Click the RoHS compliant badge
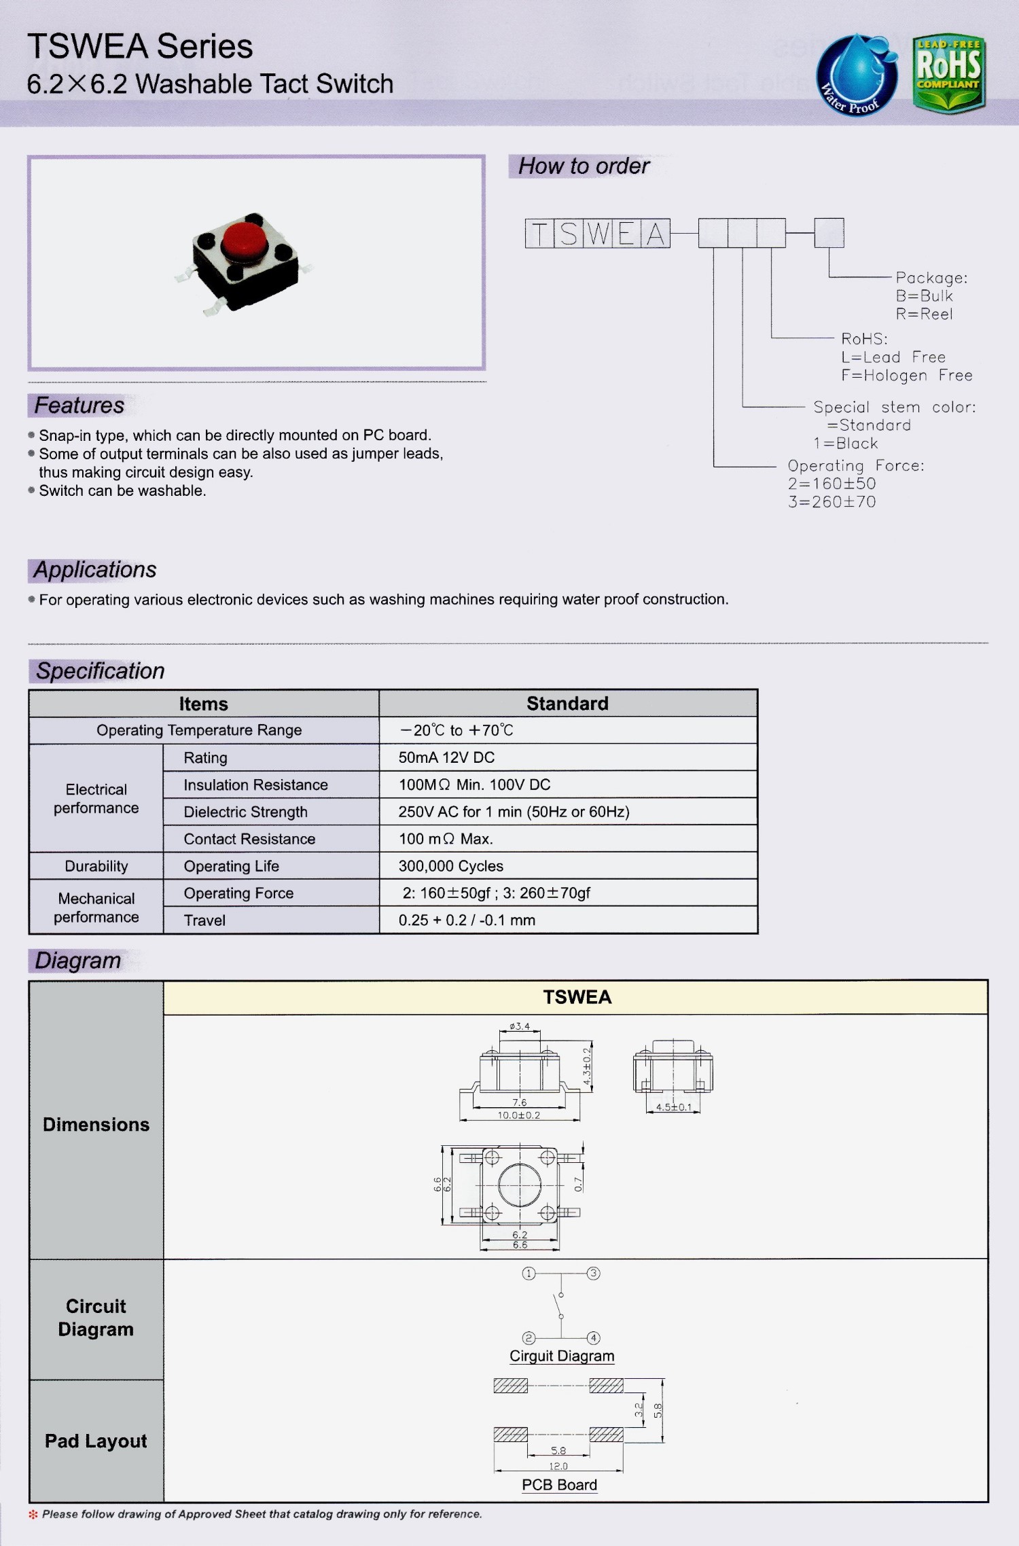[x=948, y=73]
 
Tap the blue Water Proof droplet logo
[x=856, y=75]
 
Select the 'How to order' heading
[x=584, y=166]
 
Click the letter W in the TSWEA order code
[x=598, y=233]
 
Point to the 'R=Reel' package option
[x=924, y=314]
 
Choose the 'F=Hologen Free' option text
[x=906, y=376]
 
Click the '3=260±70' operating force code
[x=832, y=502]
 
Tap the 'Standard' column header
[x=567, y=704]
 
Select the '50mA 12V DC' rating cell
[x=446, y=757]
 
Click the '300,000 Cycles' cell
[x=450, y=866]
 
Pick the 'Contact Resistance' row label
[x=249, y=839]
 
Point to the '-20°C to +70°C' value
[x=457, y=730]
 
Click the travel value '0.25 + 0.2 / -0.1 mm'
[x=467, y=920]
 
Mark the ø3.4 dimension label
[x=520, y=1026]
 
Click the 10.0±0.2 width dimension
[x=519, y=1115]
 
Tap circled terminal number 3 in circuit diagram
[x=593, y=1273]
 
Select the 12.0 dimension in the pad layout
[x=558, y=1466]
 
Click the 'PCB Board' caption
[x=559, y=1485]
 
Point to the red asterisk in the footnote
[x=33, y=1514]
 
